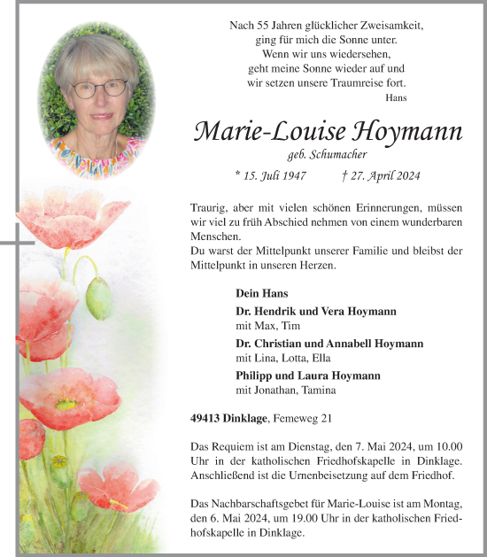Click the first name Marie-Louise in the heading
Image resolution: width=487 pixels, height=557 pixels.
(x=269, y=132)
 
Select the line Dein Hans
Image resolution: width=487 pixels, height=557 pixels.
(x=258, y=292)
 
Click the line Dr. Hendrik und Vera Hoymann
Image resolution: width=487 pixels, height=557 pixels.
(x=316, y=312)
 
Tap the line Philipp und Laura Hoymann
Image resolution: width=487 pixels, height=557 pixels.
(x=308, y=375)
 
